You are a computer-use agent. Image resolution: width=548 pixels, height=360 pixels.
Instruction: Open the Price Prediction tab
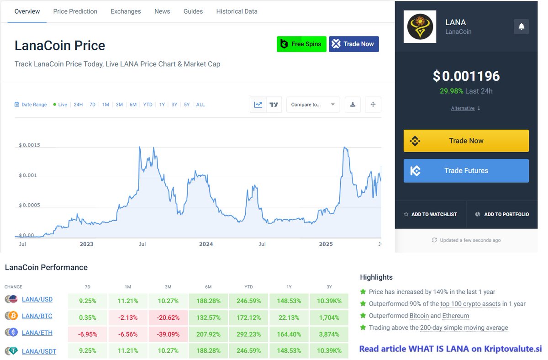[x=75, y=11]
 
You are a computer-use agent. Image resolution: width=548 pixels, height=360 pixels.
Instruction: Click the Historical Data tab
[x=237, y=11]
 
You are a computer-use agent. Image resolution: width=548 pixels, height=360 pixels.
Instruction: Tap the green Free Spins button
[x=301, y=44]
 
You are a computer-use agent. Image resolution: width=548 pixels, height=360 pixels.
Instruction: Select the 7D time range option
[x=92, y=105]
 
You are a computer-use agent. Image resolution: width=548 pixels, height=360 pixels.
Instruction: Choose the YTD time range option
[x=148, y=105]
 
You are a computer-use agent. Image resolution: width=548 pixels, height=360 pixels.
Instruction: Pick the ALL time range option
[x=200, y=105]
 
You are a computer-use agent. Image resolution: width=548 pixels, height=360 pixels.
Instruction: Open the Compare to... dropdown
[x=313, y=105]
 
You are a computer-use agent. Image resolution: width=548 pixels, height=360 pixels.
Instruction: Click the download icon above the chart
[x=353, y=105]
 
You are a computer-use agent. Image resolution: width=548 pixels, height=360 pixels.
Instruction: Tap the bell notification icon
[x=522, y=26]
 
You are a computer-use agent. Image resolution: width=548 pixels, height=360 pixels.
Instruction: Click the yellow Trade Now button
[x=466, y=141]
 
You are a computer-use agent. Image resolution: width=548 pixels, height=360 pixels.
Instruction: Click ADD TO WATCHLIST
[x=431, y=214]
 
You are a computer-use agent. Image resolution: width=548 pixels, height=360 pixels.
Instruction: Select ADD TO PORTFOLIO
[x=502, y=214]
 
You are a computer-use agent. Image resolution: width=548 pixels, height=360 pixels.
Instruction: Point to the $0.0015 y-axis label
[x=29, y=145]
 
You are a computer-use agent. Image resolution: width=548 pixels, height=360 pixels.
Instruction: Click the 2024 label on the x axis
[x=206, y=244]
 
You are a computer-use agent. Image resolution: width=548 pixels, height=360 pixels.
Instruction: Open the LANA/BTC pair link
[x=37, y=316]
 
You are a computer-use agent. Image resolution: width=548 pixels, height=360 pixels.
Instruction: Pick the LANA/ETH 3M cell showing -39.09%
[x=168, y=334]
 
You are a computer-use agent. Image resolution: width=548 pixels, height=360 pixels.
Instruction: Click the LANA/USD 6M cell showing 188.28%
[x=208, y=301]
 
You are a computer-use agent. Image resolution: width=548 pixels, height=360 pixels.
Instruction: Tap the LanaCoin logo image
[x=420, y=26]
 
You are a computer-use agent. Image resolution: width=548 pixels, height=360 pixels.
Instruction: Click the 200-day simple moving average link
[x=464, y=328]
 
